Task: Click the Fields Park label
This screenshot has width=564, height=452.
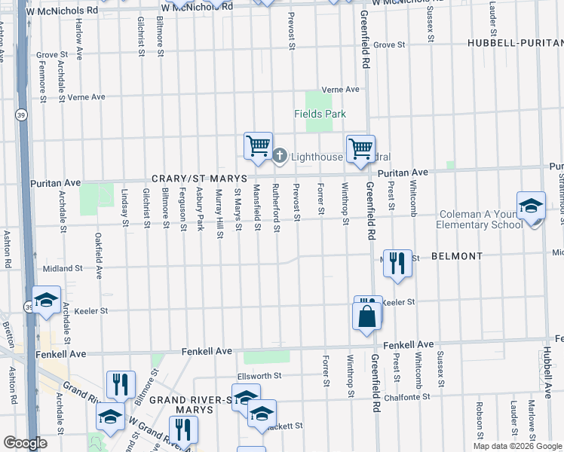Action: tap(320, 114)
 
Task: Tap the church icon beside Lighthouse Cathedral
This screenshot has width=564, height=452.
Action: tap(279, 156)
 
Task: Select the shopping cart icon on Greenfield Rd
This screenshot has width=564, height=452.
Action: tap(361, 148)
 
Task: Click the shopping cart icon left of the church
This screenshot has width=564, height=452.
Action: tap(258, 144)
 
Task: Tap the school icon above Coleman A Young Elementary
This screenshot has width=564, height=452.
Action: tap(531, 205)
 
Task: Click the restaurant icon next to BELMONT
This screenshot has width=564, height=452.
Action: tap(397, 263)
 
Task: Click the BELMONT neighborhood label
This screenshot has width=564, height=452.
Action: tap(457, 256)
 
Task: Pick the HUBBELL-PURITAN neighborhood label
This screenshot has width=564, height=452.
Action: tap(515, 43)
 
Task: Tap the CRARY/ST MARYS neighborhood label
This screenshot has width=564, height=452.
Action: tap(189, 178)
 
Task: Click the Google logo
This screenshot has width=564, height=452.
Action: tap(26, 443)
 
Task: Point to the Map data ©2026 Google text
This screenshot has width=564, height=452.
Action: tap(517, 446)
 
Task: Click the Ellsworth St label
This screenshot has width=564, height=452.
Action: tap(259, 375)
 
